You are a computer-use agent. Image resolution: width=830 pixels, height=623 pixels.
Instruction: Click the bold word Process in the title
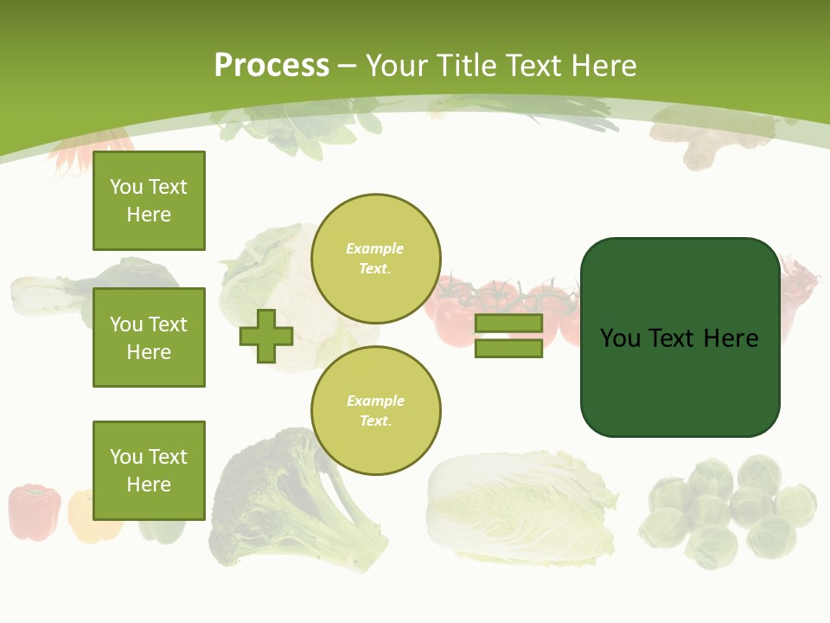271,65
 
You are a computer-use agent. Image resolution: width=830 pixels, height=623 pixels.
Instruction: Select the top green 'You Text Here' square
149,201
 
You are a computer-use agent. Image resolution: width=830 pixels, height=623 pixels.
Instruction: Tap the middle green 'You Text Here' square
149,337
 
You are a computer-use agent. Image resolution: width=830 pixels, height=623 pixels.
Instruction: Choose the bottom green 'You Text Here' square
149,470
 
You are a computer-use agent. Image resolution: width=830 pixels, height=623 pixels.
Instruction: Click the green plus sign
266,336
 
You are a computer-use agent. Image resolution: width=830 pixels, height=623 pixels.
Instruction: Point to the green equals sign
508,336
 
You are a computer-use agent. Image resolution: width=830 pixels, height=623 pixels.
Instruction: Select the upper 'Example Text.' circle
376,258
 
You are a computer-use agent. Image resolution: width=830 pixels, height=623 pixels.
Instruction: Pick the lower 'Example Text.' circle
376,410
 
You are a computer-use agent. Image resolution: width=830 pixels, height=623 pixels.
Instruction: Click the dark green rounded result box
680,337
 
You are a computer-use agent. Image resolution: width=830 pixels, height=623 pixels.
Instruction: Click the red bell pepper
35,511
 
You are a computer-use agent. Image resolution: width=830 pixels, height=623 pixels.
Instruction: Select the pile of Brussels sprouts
731,511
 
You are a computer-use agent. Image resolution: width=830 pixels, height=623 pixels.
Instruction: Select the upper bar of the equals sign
508,324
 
